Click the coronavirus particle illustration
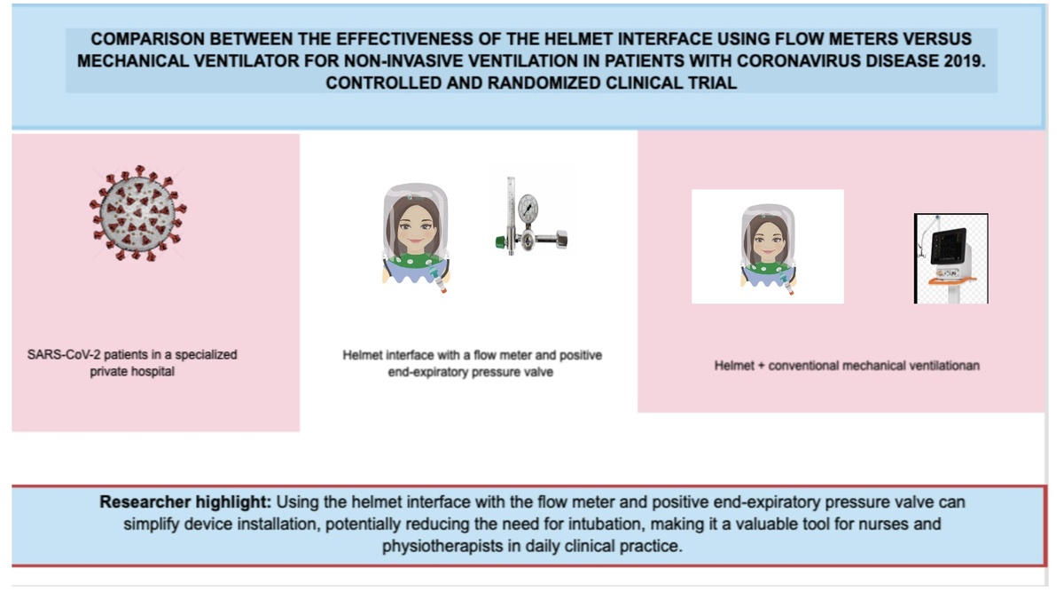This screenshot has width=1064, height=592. [x=137, y=213]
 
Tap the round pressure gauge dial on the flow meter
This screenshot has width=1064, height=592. [x=528, y=208]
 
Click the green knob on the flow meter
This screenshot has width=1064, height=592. [x=500, y=242]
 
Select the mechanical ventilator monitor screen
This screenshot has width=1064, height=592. [x=948, y=246]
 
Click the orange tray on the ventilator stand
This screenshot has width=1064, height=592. [x=952, y=281]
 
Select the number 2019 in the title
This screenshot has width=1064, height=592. [x=961, y=61]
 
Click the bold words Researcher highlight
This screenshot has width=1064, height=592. [x=185, y=502]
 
